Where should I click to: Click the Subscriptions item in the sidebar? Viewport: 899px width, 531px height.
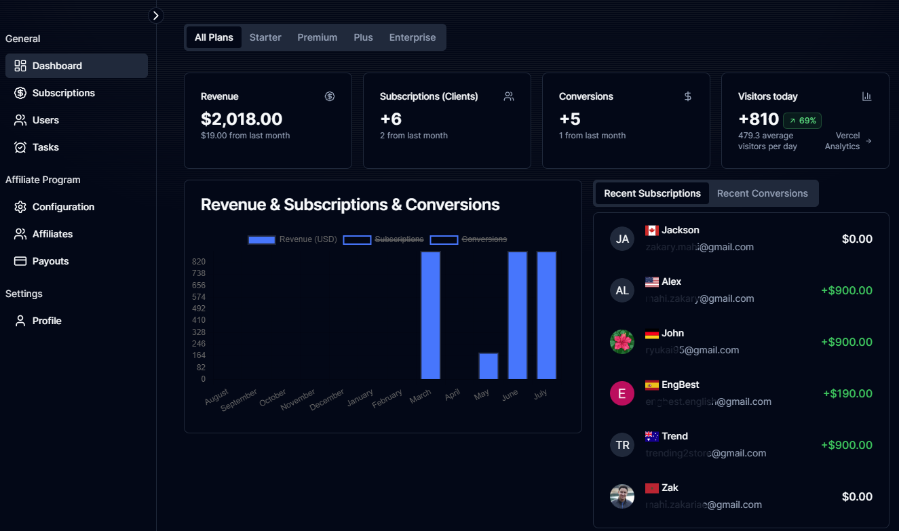click(x=63, y=93)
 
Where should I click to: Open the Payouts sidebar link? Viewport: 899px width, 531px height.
click(x=50, y=261)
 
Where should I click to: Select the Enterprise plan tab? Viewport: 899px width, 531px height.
click(x=413, y=37)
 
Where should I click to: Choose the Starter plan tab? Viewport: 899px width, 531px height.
click(x=265, y=37)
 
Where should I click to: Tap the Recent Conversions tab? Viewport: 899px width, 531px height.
click(x=762, y=193)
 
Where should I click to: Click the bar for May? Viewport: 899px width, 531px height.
click(x=489, y=366)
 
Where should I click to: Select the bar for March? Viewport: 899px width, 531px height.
click(x=431, y=315)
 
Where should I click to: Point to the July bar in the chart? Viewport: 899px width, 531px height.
click(x=547, y=315)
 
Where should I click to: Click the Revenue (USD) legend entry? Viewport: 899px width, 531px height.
click(x=292, y=239)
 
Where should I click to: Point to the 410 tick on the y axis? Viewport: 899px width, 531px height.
click(x=199, y=320)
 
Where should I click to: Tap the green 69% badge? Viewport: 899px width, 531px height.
click(x=803, y=121)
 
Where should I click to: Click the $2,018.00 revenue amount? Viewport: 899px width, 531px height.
click(x=242, y=119)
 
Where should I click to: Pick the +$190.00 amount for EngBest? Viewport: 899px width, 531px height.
click(x=847, y=393)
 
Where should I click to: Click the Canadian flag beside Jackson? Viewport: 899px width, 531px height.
click(x=652, y=231)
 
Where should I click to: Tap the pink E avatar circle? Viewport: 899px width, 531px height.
click(x=622, y=393)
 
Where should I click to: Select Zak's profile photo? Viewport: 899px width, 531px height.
click(x=622, y=496)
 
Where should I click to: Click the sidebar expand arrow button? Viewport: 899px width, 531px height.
click(x=156, y=16)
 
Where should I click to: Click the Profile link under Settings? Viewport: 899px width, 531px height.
click(x=47, y=321)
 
